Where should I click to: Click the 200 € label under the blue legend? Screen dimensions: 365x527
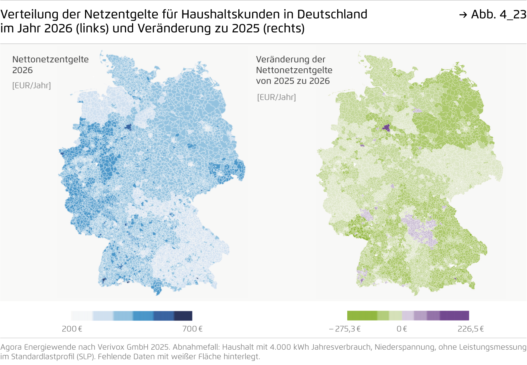72,329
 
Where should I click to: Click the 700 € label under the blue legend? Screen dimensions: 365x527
192,329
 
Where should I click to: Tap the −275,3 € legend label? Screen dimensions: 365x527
345,329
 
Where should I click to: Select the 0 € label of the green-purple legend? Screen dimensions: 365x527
402,329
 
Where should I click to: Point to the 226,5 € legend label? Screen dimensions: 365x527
471,329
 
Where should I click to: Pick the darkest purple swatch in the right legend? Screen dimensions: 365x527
454,316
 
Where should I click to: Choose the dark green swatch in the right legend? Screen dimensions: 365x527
362,316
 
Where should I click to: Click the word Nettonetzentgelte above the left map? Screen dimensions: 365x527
50,59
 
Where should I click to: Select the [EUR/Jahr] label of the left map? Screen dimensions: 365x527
31,85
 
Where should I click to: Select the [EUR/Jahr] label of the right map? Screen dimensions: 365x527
276,97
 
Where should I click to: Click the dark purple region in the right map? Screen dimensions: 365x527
386,128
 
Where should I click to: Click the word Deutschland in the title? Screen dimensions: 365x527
332,14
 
